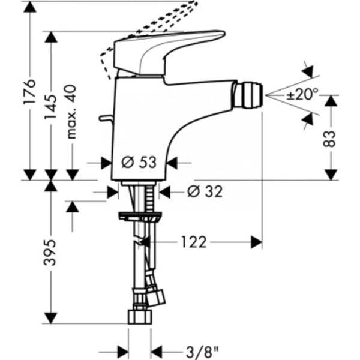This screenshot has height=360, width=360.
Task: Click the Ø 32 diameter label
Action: tap(205, 191)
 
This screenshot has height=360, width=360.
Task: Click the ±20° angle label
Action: tap(302, 95)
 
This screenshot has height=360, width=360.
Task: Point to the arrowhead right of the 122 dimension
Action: tap(256, 242)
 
